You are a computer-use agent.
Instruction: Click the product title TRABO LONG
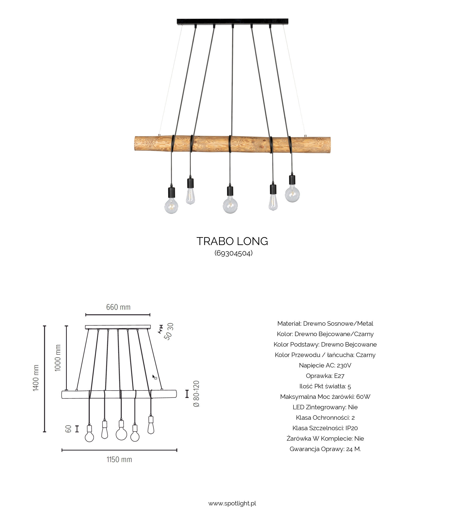point(232,241)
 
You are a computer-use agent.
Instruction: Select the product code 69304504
point(233,253)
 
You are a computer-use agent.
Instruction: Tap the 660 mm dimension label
point(118,307)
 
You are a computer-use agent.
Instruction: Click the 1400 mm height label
point(36,378)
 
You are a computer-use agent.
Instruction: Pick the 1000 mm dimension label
point(58,358)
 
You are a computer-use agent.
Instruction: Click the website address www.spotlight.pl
point(232,503)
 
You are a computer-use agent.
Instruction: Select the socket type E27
point(339,376)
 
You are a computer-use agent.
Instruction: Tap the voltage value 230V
point(344,365)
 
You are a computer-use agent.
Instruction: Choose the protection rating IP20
point(351,428)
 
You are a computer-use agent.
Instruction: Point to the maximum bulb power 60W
point(363,397)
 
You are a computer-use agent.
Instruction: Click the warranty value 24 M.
point(353,449)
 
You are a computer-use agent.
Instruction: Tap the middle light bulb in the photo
point(230,205)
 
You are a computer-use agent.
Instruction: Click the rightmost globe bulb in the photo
point(292,194)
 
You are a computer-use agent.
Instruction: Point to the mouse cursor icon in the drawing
point(154,377)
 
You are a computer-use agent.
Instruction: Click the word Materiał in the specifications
point(289,323)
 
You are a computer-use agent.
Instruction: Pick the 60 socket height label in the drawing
point(68,429)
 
